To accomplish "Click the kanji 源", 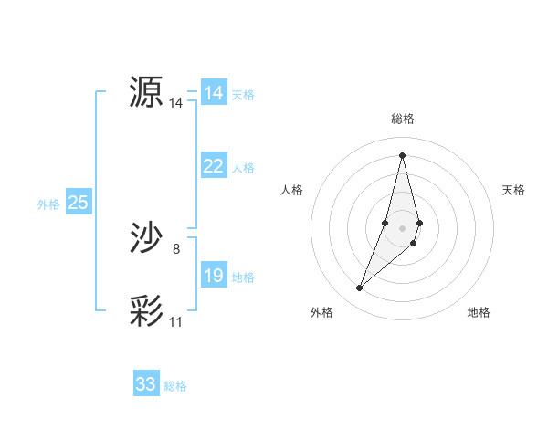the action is [x=145, y=91].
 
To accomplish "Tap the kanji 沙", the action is [x=145, y=238].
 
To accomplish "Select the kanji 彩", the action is [x=145, y=311].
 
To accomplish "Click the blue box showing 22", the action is [x=214, y=166].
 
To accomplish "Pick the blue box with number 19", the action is [x=214, y=276].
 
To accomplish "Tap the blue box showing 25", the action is [x=78, y=203].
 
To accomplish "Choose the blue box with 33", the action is [x=145, y=384].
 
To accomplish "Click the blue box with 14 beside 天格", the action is [x=214, y=93].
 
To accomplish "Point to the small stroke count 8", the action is [x=175, y=249].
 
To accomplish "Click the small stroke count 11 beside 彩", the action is [x=175, y=322].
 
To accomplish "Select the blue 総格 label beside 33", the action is [x=175, y=386].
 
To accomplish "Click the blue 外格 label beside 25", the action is [x=48, y=204].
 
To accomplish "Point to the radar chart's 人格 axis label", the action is [x=292, y=190].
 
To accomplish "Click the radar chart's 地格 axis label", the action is [x=479, y=312].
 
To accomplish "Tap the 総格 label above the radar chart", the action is [x=403, y=119].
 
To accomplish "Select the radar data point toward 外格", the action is [x=360, y=288].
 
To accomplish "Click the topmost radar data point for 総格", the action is [x=403, y=154].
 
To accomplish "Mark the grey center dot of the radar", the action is [x=403, y=227].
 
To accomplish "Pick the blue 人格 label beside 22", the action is [x=243, y=168].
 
